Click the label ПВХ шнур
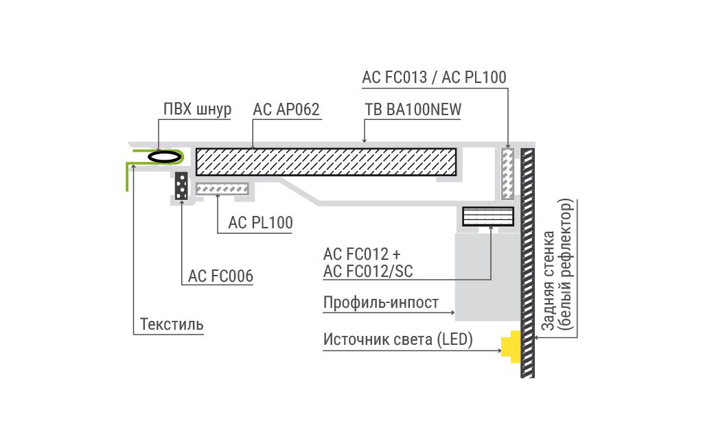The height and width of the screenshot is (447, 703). tap(197, 109)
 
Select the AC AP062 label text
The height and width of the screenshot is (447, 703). tap(286, 109)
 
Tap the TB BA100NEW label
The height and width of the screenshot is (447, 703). tap(413, 109)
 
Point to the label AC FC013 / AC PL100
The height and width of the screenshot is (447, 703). tap(434, 77)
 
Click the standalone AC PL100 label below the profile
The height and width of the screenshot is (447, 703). tap(260, 222)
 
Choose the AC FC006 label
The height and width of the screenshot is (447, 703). tap(220, 276)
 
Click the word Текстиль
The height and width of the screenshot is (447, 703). tap(172, 324)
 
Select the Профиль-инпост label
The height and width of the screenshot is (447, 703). tap(381, 303)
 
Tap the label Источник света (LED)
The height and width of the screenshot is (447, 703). tap(397, 339)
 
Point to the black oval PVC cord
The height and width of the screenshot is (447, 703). tap(165, 157)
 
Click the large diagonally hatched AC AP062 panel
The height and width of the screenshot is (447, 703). tap(326, 162)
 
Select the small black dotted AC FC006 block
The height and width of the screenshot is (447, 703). tap(181, 186)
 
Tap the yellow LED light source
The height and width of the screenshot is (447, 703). tap(511, 347)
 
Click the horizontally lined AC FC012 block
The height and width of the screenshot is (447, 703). tap(488, 217)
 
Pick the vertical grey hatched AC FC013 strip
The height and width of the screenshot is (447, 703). tap(507, 173)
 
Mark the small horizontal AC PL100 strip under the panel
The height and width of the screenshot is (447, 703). tap(222, 189)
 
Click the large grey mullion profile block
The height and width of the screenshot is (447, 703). tap(487, 276)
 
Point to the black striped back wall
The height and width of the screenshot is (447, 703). tap(527, 263)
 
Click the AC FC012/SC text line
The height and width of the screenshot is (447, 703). tap(368, 271)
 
